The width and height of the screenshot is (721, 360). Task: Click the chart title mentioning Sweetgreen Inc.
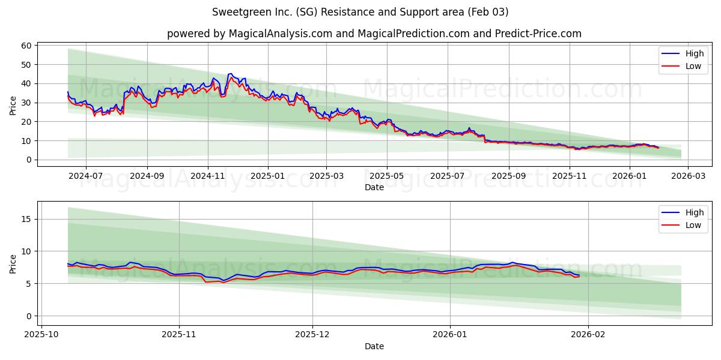coord(360,12)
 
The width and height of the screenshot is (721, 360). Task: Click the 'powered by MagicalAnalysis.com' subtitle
coord(374,34)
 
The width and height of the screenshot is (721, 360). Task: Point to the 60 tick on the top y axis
coord(26,46)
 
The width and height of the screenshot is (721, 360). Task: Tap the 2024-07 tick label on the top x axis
coord(85,176)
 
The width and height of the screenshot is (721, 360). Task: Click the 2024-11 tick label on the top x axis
coord(208,176)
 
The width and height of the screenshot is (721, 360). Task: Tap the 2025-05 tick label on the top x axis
coord(387,176)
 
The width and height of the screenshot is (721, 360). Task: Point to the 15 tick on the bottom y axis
coord(26,219)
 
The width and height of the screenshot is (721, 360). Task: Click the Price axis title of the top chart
coord(13,105)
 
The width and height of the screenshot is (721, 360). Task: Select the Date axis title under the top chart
coord(374,187)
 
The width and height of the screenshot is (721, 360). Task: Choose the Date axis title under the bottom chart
coord(374,346)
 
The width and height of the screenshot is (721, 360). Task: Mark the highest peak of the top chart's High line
coord(231,74)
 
